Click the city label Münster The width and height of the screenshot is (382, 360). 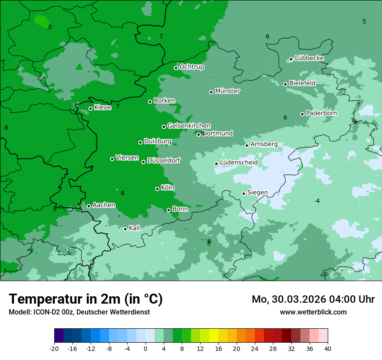[x=227, y=91]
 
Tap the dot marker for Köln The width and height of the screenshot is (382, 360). [x=157, y=189]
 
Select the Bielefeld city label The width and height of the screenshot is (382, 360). [x=302, y=83]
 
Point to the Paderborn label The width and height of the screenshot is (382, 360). [x=321, y=113]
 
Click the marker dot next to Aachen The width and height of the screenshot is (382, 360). [x=89, y=206]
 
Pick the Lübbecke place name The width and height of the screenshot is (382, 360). [x=309, y=58]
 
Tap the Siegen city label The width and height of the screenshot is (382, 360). [x=257, y=193]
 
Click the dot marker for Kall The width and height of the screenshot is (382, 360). [x=125, y=229]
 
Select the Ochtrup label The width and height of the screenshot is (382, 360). [x=191, y=67]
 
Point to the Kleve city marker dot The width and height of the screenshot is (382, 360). [x=90, y=108]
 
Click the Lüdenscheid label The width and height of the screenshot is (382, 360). [x=239, y=163]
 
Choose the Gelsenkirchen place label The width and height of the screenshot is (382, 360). [x=189, y=126]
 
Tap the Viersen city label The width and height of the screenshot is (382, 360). [x=127, y=158]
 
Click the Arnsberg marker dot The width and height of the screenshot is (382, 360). [x=247, y=145]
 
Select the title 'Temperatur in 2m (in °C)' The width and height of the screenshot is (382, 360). [x=86, y=299]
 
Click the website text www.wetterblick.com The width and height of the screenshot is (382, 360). [x=313, y=312]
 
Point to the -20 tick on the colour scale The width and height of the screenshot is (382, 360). [x=54, y=348]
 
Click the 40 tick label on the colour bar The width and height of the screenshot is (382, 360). [x=328, y=348]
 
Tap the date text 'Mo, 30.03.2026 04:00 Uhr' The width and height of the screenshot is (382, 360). [x=313, y=299]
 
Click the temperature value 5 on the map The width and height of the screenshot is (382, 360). [x=364, y=21]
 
